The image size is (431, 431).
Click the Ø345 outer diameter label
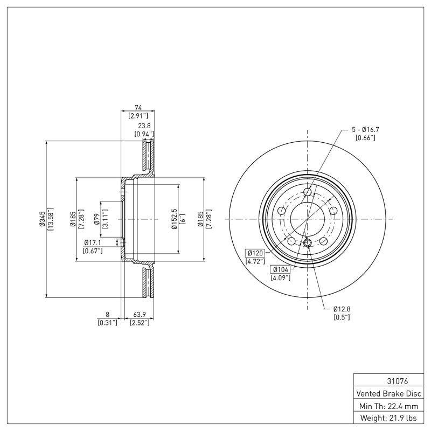[41, 219]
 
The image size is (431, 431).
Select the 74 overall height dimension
[138, 107]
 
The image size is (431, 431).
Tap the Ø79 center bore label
[96, 219]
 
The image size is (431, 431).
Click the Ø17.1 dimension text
[93, 242]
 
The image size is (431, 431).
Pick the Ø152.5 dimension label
[174, 219]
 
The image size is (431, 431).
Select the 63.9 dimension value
[139, 314]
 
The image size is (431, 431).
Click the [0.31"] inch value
[107, 323]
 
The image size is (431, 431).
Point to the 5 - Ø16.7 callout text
[366, 129]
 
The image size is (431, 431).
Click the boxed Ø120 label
[254, 253]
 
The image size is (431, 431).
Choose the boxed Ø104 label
[281, 269]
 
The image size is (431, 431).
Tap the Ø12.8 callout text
[342, 309]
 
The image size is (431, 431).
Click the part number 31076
[388, 381]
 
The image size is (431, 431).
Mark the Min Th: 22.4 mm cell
[388, 405]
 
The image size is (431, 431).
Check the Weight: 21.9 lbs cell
[388, 418]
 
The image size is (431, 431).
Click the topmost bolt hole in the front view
[308, 192]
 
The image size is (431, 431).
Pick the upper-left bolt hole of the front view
[281, 211]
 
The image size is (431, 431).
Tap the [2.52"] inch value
[139, 323]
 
